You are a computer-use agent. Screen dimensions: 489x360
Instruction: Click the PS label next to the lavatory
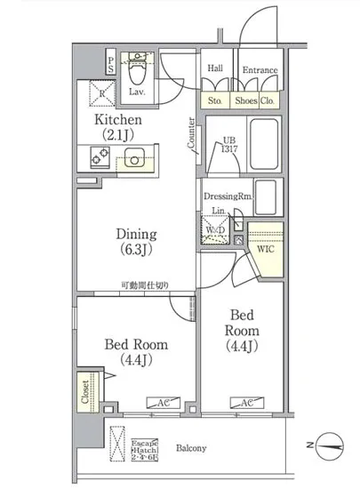point(110,64)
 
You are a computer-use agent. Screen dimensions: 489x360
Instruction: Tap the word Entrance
point(260,70)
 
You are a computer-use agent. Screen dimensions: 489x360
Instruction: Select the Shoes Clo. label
point(257,100)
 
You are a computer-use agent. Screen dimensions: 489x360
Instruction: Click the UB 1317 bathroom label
point(228,146)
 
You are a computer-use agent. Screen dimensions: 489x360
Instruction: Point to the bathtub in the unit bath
point(263,143)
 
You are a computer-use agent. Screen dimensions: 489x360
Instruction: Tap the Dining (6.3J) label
point(138,242)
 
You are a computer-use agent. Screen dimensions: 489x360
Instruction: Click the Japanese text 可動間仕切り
point(147,285)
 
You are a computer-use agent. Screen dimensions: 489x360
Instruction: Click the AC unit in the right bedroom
point(245,404)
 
